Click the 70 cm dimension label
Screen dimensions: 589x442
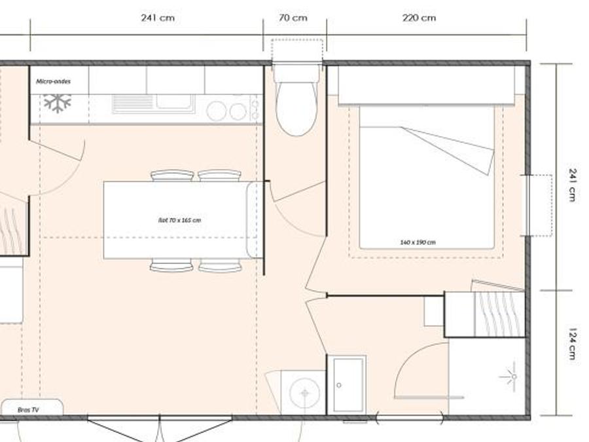coord(293,18)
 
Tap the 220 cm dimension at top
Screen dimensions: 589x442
coord(419,18)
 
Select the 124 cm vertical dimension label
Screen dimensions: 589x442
coord(572,344)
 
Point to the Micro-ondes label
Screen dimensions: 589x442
coord(54,81)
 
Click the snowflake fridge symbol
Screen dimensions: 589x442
coord(57,103)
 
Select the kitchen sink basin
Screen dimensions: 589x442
coord(175,101)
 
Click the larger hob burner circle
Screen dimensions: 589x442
coord(217,111)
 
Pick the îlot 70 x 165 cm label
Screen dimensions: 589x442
coord(179,220)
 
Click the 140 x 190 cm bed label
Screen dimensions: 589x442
coord(418,242)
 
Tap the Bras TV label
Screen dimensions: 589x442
coord(28,410)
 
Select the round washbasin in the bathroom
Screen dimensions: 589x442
coord(304,393)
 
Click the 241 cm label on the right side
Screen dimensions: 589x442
coord(572,185)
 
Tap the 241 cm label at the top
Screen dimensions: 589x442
coord(158,18)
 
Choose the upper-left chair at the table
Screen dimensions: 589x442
coord(172,175)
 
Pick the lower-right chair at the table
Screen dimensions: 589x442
coord(220,265)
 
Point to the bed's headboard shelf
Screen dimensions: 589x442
coord(426,86)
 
